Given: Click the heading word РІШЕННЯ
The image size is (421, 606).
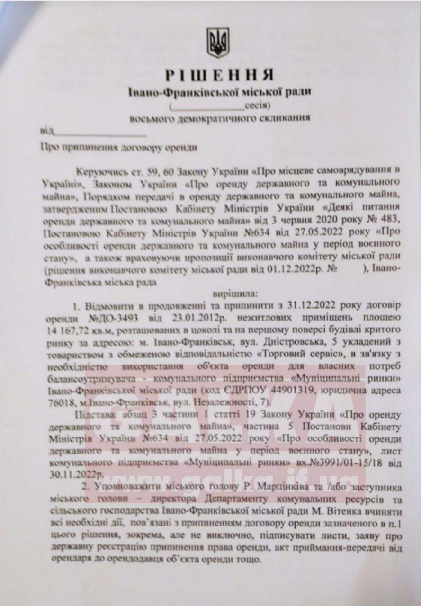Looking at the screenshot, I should click(219, 75).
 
